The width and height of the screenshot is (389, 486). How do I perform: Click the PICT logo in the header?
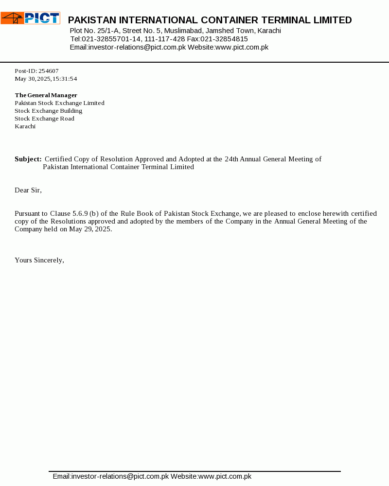click(x=30, y=18)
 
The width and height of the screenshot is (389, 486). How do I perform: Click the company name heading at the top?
click(x=210, y=20)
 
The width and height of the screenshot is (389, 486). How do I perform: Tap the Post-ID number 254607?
click(x=49, y=71)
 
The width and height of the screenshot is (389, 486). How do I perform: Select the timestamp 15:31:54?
click(x=65, y=79)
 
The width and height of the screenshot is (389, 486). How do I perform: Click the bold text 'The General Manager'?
click(x=46, y=95)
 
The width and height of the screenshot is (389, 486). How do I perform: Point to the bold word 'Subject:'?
click(x=28, y=159)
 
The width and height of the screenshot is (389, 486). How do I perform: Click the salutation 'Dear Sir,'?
click(x=28, y=190)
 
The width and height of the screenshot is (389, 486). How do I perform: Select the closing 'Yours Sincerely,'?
click(x=39, y=260)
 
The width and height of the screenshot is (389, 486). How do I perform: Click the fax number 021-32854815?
click(x=224, y=39)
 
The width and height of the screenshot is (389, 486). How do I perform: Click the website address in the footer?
click(x=225, y=476)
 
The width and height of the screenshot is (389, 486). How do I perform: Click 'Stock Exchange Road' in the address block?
click(x=44, y=119)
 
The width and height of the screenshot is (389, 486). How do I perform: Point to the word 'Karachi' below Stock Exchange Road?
click(x=25, y=126)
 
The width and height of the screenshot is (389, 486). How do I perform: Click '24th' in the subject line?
click(x=231, y=159)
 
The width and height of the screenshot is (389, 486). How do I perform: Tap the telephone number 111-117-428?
click(x=164, y=39)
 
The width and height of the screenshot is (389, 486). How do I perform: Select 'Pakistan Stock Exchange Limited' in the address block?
click(x=59, y=103)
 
